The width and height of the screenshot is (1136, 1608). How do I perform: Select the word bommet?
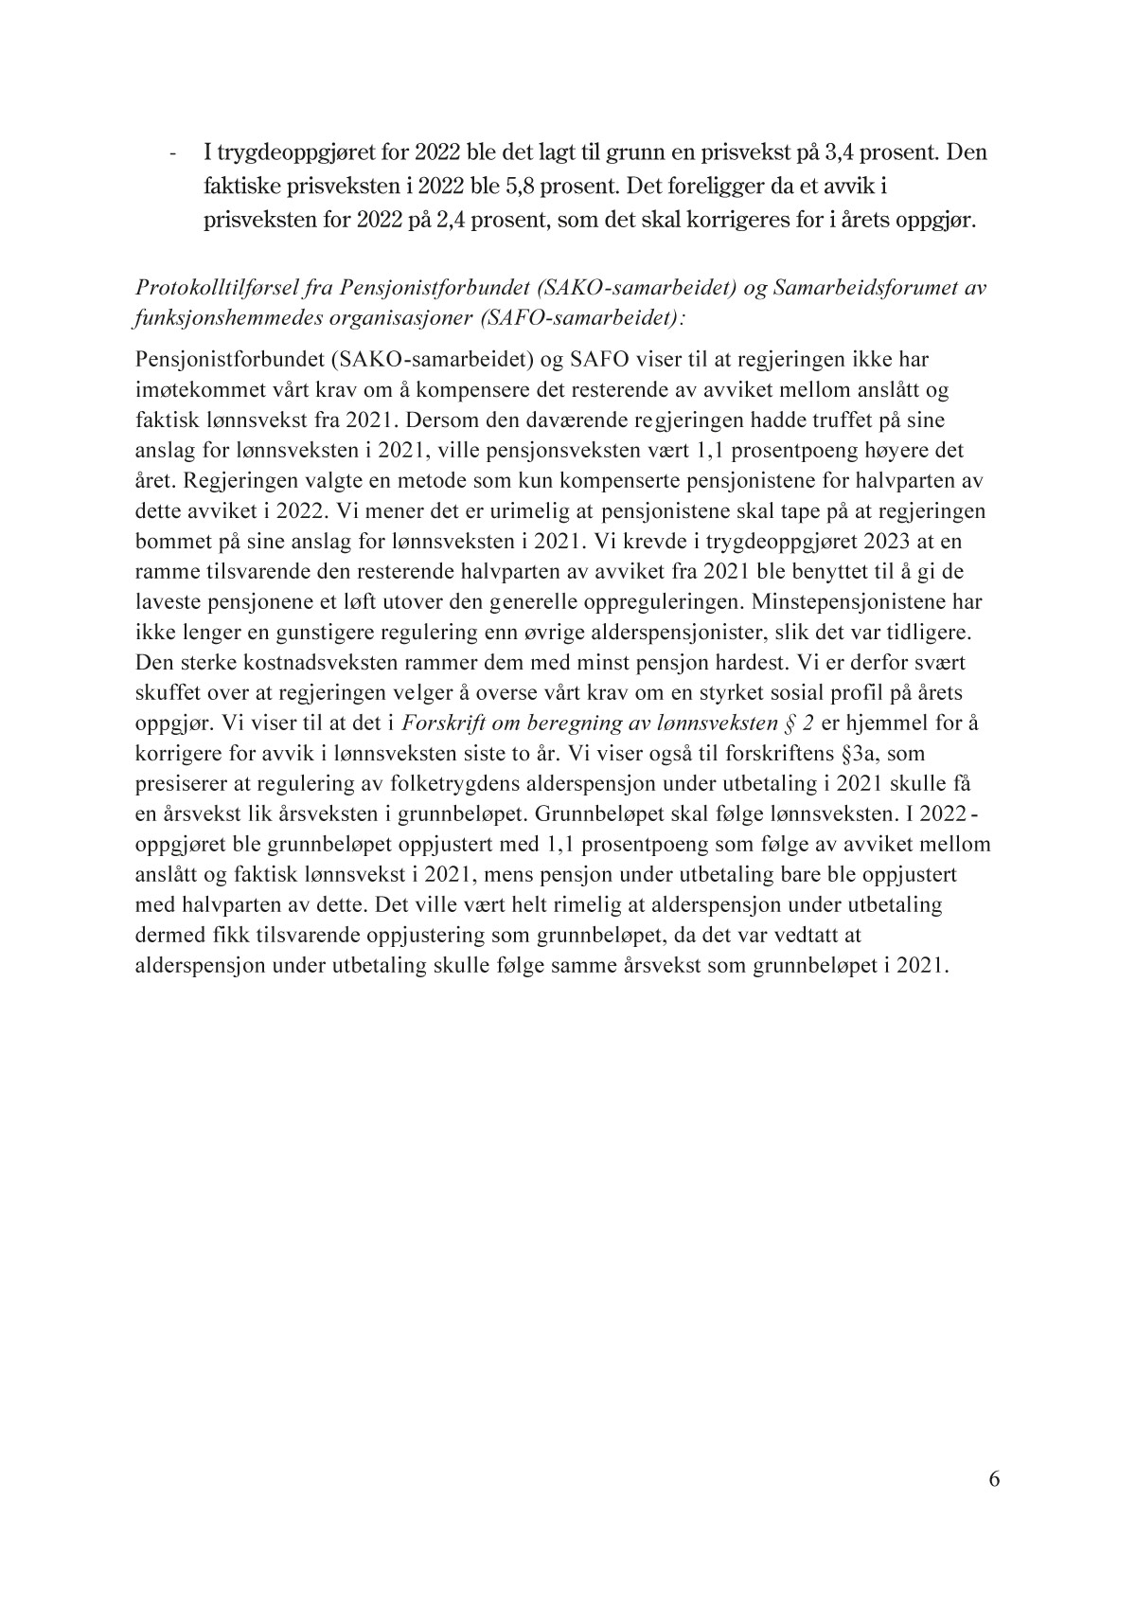point(171,542)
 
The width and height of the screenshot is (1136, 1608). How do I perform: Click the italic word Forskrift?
point(445,724)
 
